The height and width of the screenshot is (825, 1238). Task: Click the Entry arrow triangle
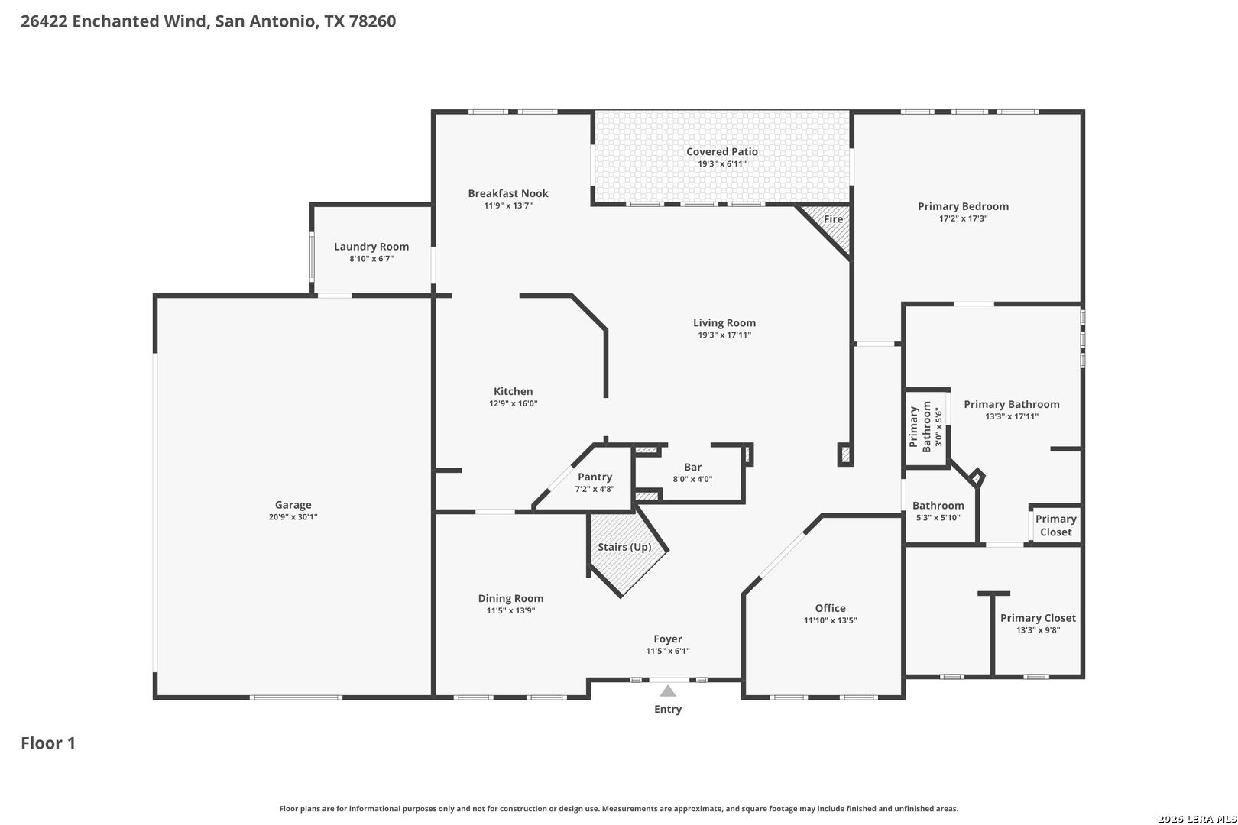[x=668, y=691]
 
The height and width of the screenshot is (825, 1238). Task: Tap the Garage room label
[x=293, y=504]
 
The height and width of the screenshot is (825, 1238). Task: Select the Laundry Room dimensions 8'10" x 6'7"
[x=371, y=259]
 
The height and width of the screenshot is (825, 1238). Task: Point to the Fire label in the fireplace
[x=833, y=218]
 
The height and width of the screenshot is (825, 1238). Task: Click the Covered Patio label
[x=722, y=151]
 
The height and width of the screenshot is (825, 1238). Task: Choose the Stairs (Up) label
[x=624, y=547]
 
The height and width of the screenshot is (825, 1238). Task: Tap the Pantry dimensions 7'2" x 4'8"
[x=595, y=489]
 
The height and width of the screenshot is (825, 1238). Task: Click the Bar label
[x=692, y=467]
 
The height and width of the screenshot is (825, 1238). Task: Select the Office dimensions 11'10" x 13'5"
[x=830, y=620]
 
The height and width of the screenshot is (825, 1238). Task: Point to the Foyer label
[x=668, y=639]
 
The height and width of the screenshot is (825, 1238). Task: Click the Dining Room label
[x=510, y=598]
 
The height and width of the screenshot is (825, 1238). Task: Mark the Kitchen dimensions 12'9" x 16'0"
[x=513, y=403]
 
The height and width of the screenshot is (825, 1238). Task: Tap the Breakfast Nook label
[x=508, y=193]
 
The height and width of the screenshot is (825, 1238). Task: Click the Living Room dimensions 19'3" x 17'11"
[x=724, y=335]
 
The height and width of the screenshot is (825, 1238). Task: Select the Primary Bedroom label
[x=963, y=206]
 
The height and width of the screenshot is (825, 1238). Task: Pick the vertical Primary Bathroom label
[x=920, y=426]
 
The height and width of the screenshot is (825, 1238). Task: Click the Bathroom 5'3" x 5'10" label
[x=938, y=505]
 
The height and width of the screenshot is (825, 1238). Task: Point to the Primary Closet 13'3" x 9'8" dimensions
[x=1038, y=630]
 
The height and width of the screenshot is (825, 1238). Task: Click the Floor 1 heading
[x=48, y=743]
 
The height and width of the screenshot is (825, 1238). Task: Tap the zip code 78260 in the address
[x=372, y=21]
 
